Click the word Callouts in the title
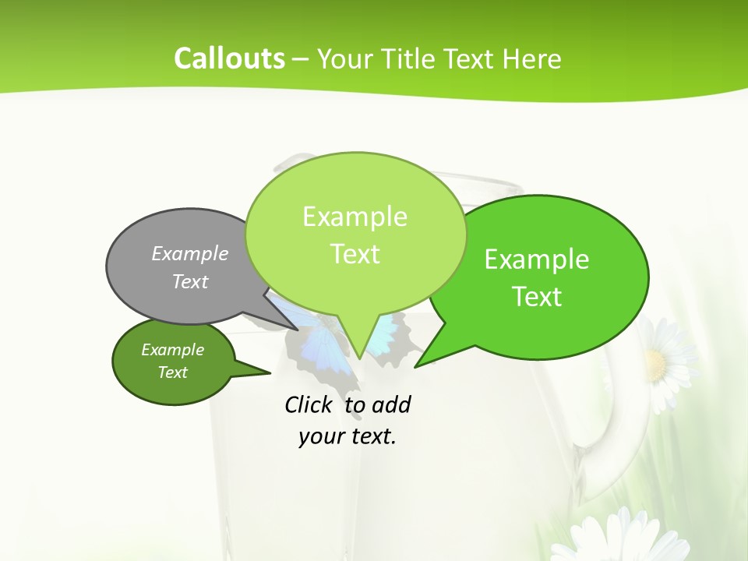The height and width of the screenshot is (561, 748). click(229, 58)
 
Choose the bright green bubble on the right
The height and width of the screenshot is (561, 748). click(545, 277)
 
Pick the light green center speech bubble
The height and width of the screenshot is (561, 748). click(355, 234)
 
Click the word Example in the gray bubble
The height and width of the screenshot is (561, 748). click(190, 253)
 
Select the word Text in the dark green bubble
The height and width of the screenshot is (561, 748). click(173, 372)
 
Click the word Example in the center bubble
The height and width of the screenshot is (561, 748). click(355, 216)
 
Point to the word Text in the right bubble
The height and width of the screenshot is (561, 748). click(538, 297)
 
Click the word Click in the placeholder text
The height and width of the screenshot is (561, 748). click(309, 404)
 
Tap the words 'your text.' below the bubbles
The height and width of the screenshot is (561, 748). click(348, 436)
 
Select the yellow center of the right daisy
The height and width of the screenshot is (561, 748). click(656, 363)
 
